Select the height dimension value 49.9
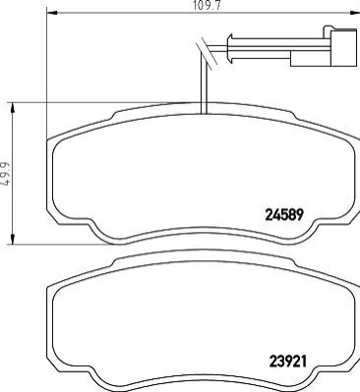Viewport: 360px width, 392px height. coord(6,174)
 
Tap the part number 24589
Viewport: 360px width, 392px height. coord(283,215)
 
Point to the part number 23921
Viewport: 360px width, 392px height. coord(287,362)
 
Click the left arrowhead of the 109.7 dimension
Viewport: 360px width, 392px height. coord(52,13)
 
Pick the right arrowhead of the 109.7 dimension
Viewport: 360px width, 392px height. coord(355,13)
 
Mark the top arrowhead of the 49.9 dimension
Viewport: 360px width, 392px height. coord(13,107)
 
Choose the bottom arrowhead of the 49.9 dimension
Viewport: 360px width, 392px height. coord(13,239)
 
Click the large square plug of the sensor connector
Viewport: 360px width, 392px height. coord(343,48)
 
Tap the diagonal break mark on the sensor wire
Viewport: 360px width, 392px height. coord(207,53)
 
